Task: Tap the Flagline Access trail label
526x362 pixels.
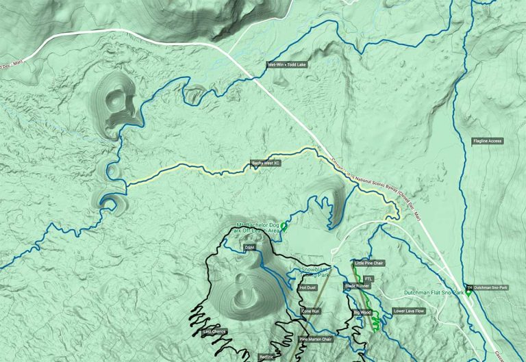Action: (x=488, y=141)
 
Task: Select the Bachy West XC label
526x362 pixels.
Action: (x=266, y=164)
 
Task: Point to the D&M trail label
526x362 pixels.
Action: (x=250, y=248)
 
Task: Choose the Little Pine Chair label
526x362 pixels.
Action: (x=368, y=263)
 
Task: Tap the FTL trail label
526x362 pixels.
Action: (x=368, y=279)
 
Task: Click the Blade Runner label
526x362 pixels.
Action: (x=357, y=285)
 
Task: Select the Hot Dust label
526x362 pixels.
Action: (x=308, y=287)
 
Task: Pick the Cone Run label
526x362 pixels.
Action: (x=311, y=311)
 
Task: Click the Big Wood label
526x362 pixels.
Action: (x=362, y=312)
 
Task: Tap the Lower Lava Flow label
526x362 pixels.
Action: (x=410, y=311)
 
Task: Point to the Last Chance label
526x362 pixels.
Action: (x=214, y=332)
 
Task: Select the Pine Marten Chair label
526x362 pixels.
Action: (x=316, y=339)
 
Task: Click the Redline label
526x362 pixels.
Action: (x=266, y=357)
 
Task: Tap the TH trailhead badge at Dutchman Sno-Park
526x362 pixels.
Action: (x=469, y=287)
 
